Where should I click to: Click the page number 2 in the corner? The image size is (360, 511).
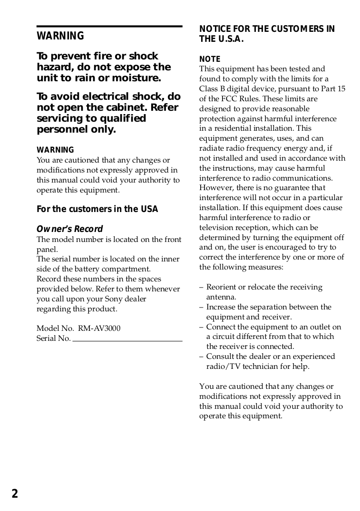(15, 494)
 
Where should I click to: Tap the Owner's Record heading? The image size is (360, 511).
(69, 229)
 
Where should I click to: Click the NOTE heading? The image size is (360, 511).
(210, 59)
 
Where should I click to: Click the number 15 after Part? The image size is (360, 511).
(341, 89)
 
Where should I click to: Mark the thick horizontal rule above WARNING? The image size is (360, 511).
(109, 27)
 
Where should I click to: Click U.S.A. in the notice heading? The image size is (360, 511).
(231, 39)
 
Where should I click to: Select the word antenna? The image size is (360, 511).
(221, 297)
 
